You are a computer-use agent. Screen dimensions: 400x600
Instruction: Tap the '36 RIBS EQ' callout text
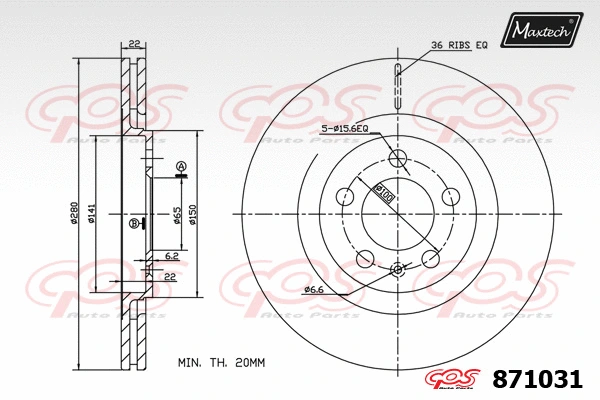click(x=459, y=46)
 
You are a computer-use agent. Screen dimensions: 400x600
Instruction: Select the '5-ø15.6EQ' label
click(x=345, y=129)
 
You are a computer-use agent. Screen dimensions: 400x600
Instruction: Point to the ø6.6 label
click(x=317, y=290)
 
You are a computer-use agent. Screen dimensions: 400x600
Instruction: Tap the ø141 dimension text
click(x=91, y=213)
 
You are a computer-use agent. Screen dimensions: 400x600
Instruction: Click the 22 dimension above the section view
click(x=133, y=43)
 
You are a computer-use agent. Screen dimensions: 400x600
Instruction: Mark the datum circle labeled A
click(x=181, y=165)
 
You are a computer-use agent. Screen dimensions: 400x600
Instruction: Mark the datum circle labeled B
click(x=133, y=223)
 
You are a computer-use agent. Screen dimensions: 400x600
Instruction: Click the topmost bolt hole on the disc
click(x=397, y=158)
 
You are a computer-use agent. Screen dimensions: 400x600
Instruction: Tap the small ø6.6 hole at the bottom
click(x=397, y=268)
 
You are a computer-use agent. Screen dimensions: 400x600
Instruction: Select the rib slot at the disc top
click(x=397, y=84)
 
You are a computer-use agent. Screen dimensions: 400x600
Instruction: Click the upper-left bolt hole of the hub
click(x=345, y=196)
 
